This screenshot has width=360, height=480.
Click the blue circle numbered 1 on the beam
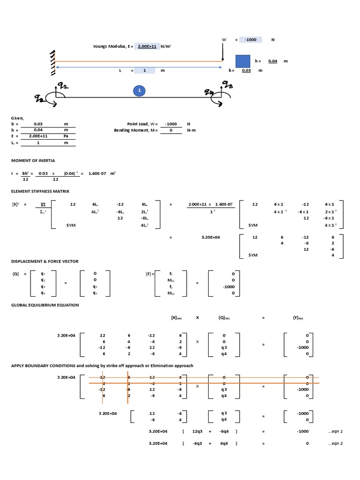[138, 91]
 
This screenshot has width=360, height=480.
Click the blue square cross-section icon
[242, 61]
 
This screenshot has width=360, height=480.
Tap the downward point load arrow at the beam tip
[223, 53]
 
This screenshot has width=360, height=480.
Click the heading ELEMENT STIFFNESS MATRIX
[40, 191]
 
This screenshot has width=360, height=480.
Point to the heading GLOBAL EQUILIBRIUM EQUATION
[45, 305]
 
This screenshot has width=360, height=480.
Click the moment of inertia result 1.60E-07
[97, 173]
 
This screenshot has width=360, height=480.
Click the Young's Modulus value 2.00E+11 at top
[147, 46]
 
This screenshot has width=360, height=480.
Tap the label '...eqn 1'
[336, 431]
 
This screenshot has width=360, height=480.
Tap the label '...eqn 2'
[336, 443]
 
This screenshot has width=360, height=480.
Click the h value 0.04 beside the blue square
[272, 61]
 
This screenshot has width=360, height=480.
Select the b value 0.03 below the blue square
[246, 70]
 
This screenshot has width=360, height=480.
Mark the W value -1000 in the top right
[250, 40]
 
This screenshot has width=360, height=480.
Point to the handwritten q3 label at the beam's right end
[227, 85]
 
